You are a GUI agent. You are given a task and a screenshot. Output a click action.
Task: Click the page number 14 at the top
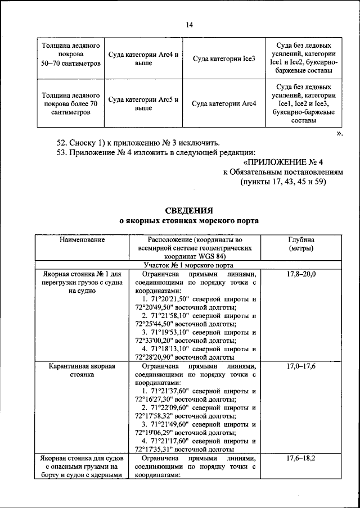pos(189,25)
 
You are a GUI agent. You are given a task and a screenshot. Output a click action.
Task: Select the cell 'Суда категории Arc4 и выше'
pos(143,58)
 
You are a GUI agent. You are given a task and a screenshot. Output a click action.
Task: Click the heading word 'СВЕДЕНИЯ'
pos(189,211)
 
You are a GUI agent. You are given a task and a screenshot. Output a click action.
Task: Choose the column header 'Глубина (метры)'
pos(301,244)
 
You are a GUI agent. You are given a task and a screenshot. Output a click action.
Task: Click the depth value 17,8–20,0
pos(301,274)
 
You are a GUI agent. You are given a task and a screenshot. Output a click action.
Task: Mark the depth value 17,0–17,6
pos(301,366)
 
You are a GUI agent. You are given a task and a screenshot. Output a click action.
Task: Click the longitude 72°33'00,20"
pos(156,340)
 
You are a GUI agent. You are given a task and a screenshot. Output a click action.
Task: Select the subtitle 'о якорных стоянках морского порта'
pos(189,221)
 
